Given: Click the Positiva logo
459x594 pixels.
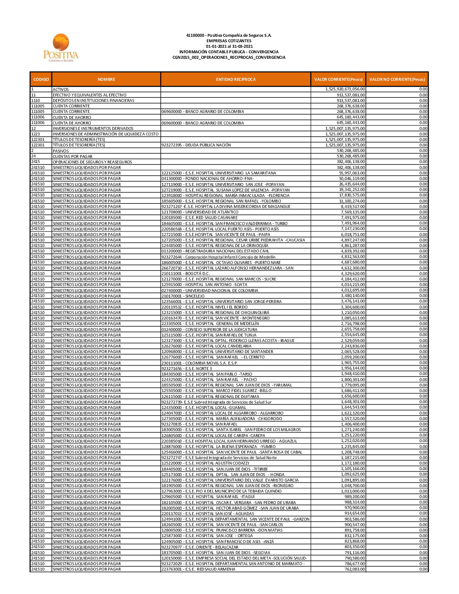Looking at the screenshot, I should [61, 47].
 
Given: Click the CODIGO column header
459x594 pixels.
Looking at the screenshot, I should [41, 79].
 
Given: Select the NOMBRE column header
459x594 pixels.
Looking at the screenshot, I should [106, 79].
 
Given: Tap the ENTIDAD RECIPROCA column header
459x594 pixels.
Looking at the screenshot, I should [235, 79].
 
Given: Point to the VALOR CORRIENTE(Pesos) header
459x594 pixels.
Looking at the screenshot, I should [338, 79].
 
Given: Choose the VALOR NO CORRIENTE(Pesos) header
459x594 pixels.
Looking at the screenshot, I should [397, 79].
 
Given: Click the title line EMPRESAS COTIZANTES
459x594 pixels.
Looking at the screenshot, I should [229, 41].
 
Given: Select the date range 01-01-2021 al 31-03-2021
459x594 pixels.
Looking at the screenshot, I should [229, 46].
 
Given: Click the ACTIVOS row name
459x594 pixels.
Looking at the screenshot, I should [61, 90].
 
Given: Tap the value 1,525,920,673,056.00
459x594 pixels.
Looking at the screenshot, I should [345, 89].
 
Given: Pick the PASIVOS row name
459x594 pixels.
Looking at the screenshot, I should [61, 151].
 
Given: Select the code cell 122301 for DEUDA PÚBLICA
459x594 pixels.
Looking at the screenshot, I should [38, 145].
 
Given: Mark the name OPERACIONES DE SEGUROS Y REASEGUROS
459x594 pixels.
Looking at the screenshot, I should [92, 162].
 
